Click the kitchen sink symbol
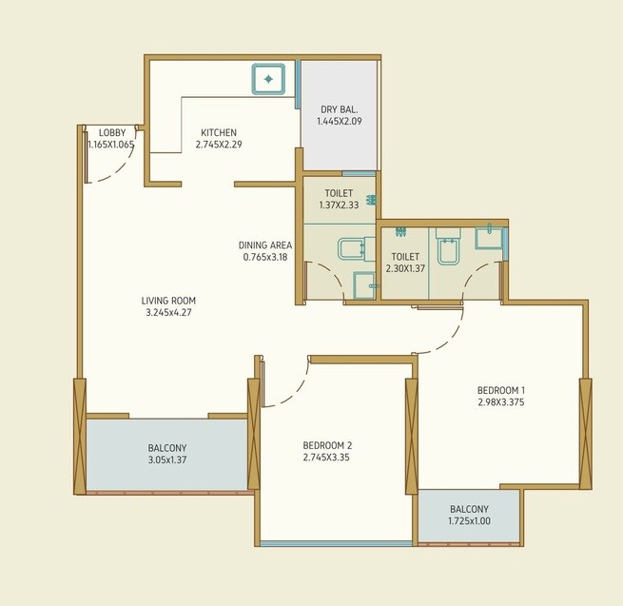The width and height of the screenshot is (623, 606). tap(270, 79)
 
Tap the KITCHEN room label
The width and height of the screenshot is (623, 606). tap(218, 132)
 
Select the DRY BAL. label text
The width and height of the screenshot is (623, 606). tap(339, 109)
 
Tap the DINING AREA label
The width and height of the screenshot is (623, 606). tap(265, 244)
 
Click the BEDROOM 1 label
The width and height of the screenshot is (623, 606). tap(501, 390)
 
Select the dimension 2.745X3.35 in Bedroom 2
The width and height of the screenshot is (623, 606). tap(328, 458)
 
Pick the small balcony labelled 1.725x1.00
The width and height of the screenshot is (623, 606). tap(469, 515)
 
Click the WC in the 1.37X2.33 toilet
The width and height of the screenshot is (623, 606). tap(351, 249)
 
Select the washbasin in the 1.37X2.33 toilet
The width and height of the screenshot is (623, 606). tap(362, 284)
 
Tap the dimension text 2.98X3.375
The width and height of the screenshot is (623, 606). tap(501, 402)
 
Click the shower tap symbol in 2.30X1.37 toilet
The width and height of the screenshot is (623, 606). tap(400, 231)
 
